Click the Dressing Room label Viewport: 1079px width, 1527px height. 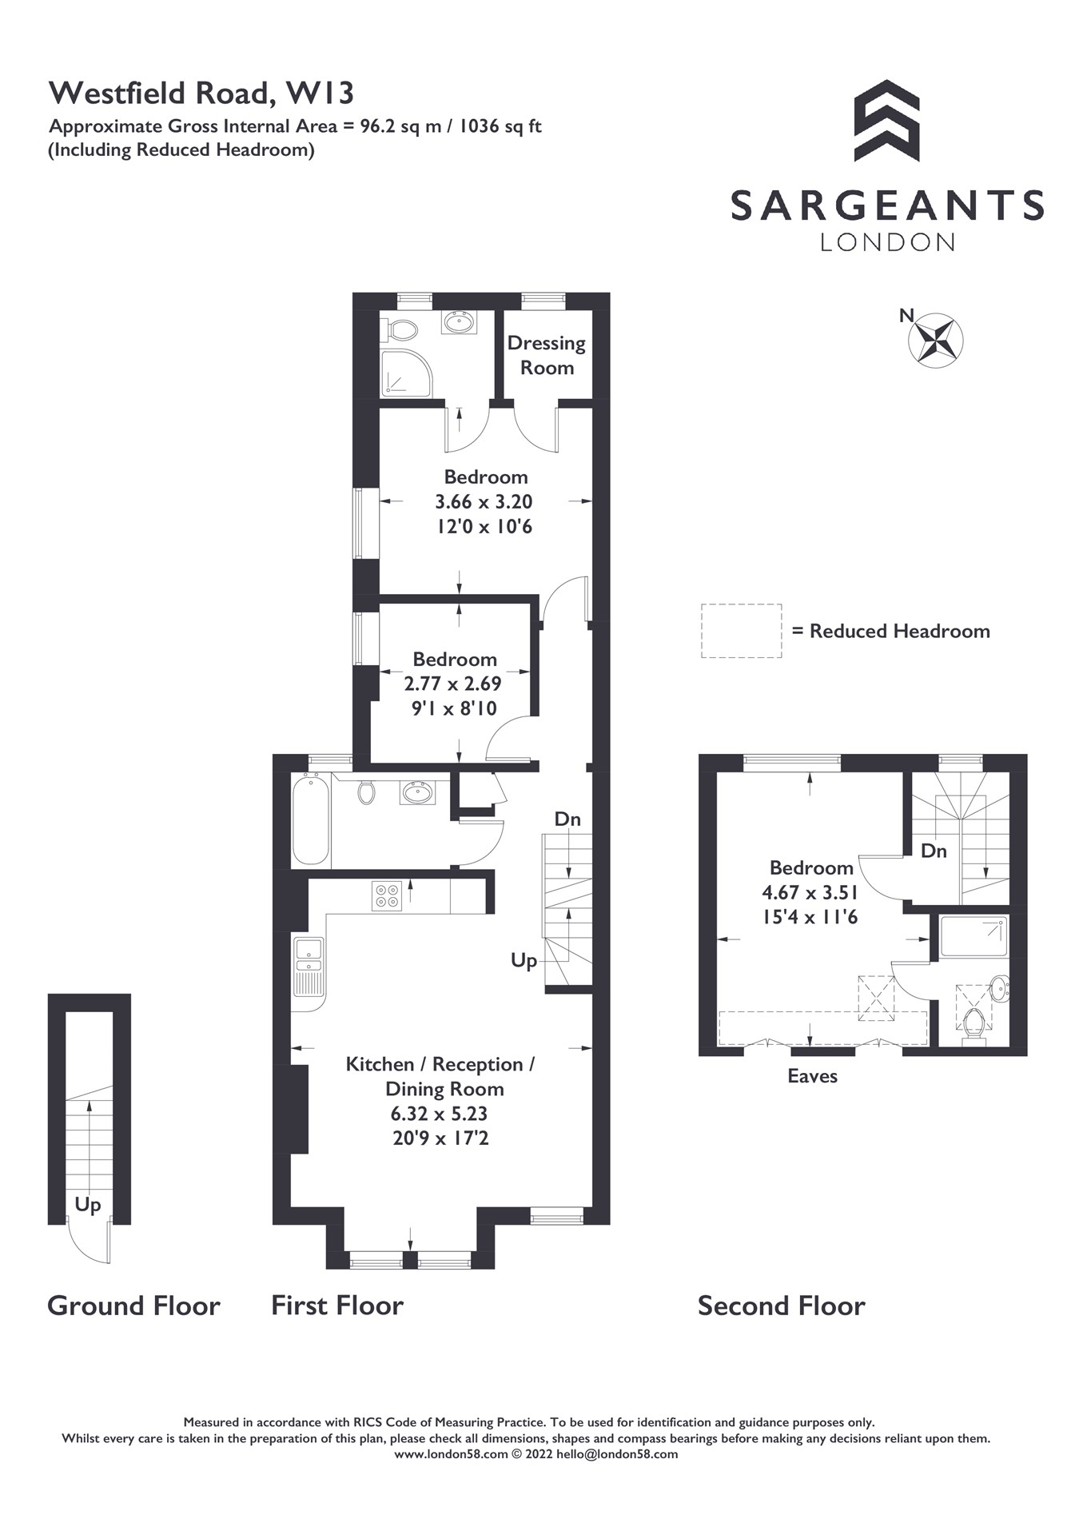tap(547, 355)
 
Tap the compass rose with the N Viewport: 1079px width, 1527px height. tap(936, 340)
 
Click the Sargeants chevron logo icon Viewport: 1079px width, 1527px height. tap(886, 120)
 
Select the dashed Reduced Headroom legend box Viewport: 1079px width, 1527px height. tap(741, 631)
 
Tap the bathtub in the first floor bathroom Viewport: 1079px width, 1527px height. tap(311, 819)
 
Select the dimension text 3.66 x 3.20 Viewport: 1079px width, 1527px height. tap(484, 502)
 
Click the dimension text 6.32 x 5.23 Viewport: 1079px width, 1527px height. tap(439, 1114)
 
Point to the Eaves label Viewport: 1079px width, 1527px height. tap(812, 1076)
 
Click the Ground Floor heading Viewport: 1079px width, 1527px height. tap(133, 1306)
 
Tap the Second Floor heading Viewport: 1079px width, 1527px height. tap(781, 1306)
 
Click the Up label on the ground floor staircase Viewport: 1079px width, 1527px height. tap(88, 1204)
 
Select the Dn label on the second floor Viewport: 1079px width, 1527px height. tap(934, 851)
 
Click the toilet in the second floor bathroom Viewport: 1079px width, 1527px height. tap(973, 1024)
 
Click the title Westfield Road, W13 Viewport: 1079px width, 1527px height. tap(201, 94)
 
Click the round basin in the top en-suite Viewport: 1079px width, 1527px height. tap(459, 322)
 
